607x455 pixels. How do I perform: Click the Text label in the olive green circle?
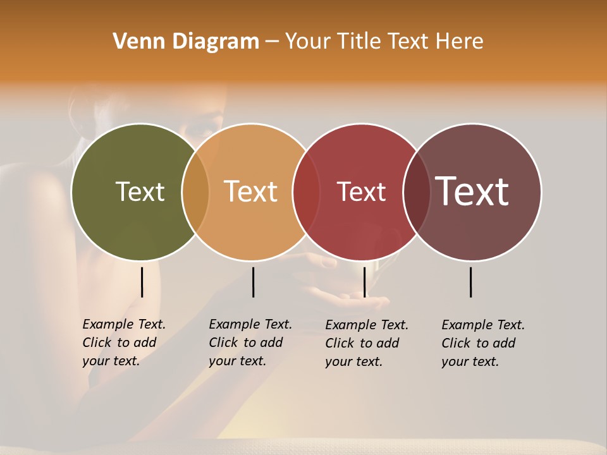pos(140,191)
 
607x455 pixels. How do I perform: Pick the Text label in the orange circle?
pos(251,191)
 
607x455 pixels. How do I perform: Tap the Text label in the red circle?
pos(361,191)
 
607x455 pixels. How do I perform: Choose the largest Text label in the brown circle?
pos(472,191)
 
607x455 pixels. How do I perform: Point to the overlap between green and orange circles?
pos(195,191)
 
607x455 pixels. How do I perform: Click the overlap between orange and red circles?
pos(306,191)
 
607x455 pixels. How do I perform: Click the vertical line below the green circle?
pos(142,282)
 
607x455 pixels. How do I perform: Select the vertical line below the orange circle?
pos(253,282)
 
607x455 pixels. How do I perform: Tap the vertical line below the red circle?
pos(364,282)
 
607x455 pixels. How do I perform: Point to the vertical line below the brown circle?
pos(471,282)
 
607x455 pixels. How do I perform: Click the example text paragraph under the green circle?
pos(124,343)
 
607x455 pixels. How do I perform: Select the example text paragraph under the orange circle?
pos(250,343)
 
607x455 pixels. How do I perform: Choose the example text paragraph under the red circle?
pos(367,343)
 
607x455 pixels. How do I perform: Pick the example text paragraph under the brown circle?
pos(483,343)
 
